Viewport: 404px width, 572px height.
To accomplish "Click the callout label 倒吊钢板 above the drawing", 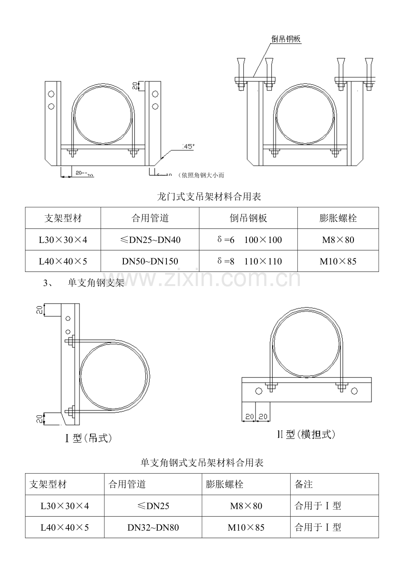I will (x=286, y=39).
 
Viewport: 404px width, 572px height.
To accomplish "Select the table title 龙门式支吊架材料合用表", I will (x=209, y=197).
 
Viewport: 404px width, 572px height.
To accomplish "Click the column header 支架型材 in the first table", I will (x=63, y=218).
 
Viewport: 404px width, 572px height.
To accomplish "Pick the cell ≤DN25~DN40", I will (x=150, y=240).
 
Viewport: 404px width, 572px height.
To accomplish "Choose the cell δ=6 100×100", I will (x=249, y=240).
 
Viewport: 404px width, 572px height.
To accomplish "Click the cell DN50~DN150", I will (x=150, y=261).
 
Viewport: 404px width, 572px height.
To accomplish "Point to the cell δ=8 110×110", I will (x=249, y=261).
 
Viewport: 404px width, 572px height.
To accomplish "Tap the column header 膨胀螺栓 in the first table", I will (x=338, y=218).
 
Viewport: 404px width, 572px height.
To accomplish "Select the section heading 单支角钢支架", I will (x=96, y=283).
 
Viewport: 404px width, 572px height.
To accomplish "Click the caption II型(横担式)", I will (x=306, y=434).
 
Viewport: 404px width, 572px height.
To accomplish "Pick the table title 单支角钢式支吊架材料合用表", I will (x=202, y=463).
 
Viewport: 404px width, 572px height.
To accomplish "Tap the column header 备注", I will (x=303, y=485).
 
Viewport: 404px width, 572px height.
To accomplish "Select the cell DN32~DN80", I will (x=153, y=527).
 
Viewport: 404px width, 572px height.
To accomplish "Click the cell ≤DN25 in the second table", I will (x=153, y=506).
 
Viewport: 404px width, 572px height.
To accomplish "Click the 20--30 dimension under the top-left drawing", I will (x=84, y=174).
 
